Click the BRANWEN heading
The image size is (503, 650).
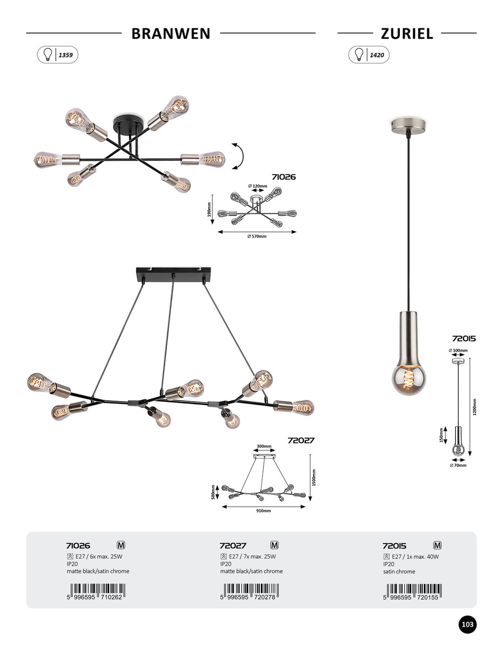pyautogui.click(x=171, y=33)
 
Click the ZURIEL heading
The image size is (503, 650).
pyautogui.click(x=407, y=33)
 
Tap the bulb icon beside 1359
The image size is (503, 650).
pyautogui.click(x=47, y=55)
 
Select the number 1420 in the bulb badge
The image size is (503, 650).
pyautogui.click(x=377, y=55)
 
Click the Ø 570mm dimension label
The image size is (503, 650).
pyautogui.click(x=257, y=236)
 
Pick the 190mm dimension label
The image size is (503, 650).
pyautogui.click(x=209, y=209)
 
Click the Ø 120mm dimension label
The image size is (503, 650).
pyautogui.click(x=258, y=186)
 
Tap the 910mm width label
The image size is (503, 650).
pyautogui.click(x=264, y=511)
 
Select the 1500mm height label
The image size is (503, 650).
pyautogui.click(x=314, y=477)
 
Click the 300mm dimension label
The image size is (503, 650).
pyautogui.click(x=264, y=446)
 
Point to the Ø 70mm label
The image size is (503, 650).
pyautogui.click(x=458, y=465)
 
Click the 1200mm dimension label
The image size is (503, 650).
pyautogui.click(x=474, y=407)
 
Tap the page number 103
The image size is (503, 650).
pyautogui.click(x=467, y=624)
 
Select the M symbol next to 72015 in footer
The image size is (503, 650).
pyautogui.click(x=437, y=545)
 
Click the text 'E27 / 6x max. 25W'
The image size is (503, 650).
pyautogui.click(x=99, y=557)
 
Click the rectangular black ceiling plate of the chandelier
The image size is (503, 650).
pyautogui.click(x=174, y=275)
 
